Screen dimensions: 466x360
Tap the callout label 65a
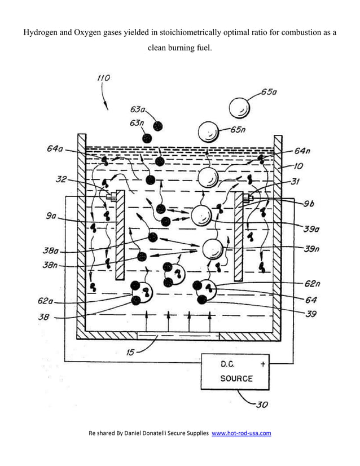point(269,91)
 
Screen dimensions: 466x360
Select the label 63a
point(138,109)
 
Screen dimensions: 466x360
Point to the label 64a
point(55,149)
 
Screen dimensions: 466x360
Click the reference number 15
point(130,353)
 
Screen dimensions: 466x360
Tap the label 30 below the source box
point(262,403)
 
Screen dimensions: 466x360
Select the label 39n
point(313,248)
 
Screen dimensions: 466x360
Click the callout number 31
point(295,181)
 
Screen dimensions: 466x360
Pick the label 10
point(298,166)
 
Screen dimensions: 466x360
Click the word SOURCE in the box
point(236,378)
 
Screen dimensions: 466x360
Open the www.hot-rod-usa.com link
point(241,433)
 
